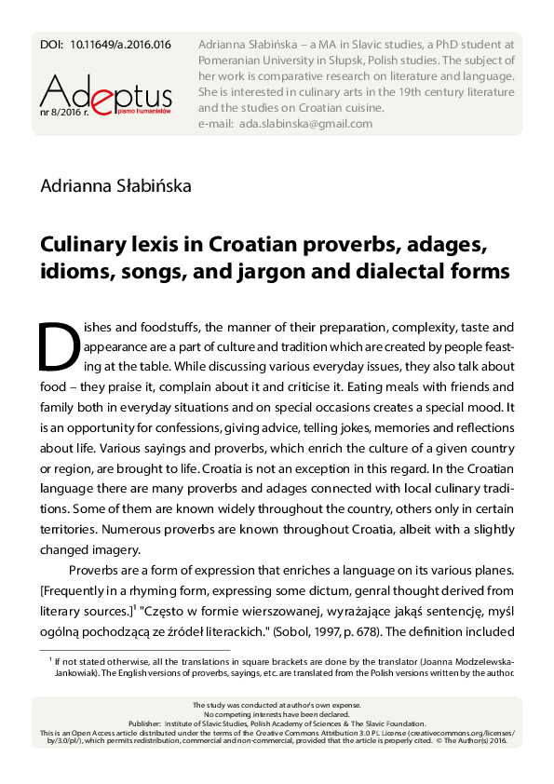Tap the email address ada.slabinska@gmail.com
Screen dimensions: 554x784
[304, 124]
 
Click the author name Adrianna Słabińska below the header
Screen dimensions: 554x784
[115, 186]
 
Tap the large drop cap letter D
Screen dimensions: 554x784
[59, 348]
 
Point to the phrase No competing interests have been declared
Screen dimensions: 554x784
[277, 713]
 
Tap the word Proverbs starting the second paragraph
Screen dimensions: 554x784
[97, 570]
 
